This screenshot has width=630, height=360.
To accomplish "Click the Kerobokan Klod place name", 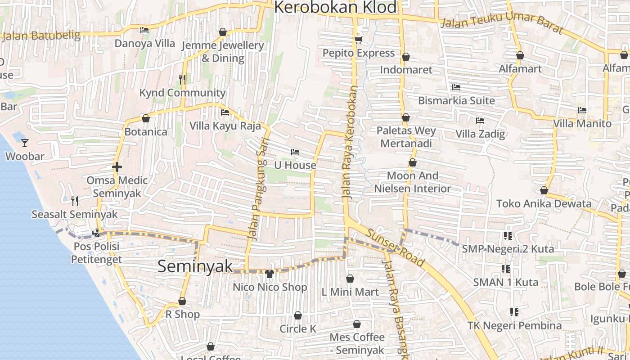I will tap(335, 8).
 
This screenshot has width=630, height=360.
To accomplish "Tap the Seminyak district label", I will tap(195, 266).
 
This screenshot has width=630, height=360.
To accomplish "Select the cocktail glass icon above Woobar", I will tap(25, 143).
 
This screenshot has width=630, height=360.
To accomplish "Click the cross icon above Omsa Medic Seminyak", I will tap(117, 167).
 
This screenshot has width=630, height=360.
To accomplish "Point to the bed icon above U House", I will tap(295, 152).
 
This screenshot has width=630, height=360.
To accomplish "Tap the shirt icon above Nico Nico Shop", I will tap(270, 274).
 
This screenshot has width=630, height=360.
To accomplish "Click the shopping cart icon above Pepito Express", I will tap(358, 40).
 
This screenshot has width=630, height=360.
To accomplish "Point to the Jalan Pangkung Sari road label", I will tap(255, 193).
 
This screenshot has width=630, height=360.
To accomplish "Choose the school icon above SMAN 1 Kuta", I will tap(506, 269).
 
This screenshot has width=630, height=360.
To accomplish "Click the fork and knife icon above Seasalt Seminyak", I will tap(75, 201).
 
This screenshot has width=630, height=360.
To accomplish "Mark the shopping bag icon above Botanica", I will tap(145, 118).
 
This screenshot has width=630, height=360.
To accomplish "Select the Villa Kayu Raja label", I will tap(225, 126).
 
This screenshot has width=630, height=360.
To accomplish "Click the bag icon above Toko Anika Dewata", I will tap(544, 190).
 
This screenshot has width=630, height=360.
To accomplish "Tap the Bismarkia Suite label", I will tap(456, 100).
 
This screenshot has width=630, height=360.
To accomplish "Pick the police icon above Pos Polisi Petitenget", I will tap(96, 233).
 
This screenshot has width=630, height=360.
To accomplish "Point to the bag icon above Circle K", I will tap(297, 315).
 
